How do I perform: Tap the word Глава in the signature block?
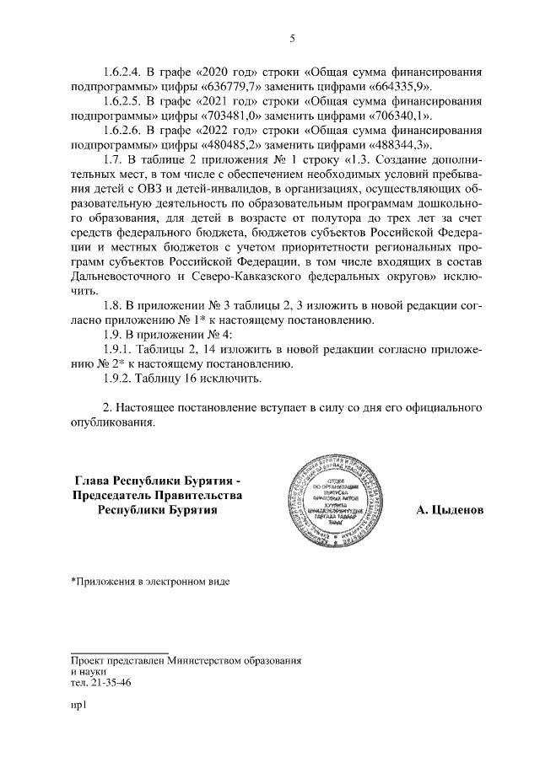pos(94,481)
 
